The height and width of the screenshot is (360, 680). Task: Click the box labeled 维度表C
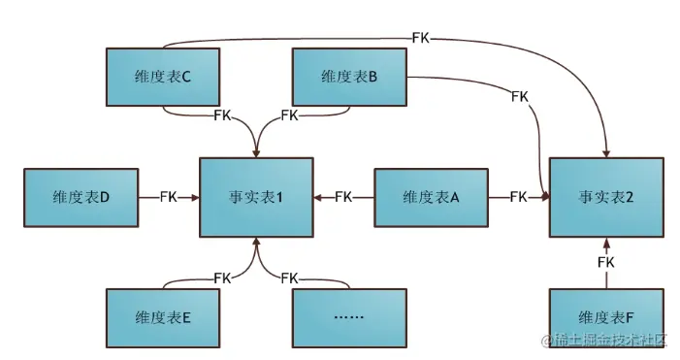click(x=161, y=78)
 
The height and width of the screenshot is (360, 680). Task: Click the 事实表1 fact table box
click(x=256, y=197)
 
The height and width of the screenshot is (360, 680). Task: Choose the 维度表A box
click(x=431, y=197)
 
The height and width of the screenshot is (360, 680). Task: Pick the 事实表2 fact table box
click(x=606, y=197)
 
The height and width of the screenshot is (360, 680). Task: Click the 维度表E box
click(x=161, y=316)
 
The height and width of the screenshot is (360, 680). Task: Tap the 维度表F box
click(x=606, y=316)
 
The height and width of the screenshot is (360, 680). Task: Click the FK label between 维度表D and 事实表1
click(x=171, y=197)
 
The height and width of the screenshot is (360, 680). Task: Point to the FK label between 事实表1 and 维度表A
click(x=343, y=197)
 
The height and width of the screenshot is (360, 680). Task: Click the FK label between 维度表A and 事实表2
click(x=518, y=197)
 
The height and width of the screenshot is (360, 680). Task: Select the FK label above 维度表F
click(x=606, y=262)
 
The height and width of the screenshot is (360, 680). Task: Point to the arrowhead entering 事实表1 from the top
click(x=256, y=149)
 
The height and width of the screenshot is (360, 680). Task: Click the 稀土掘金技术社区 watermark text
click(x=607, y=341)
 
